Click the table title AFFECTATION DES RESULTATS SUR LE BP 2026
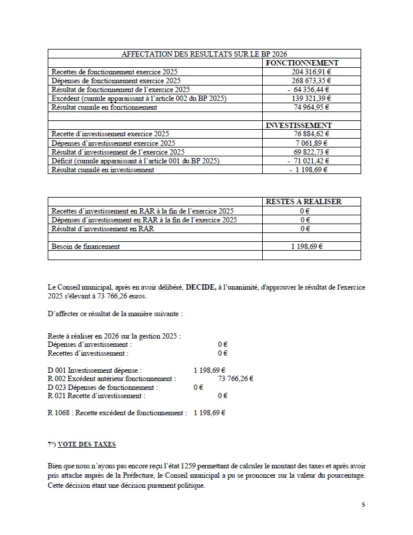(x=204, y=54)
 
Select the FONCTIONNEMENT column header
(x=302, y=63)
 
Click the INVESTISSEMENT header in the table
(x=299, y=125)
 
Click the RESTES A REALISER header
(x=303, y=201)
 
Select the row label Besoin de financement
(x=85, y=247)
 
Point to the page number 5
(x=364, y=505)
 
